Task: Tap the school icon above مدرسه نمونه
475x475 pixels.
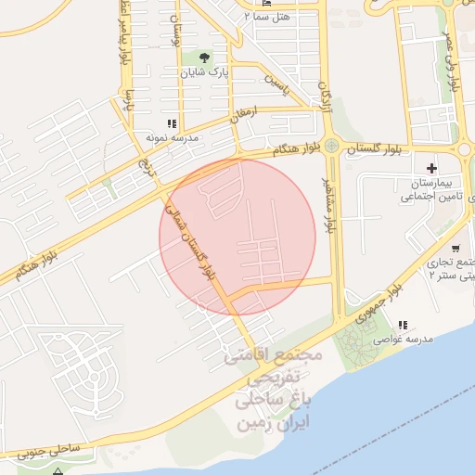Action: click(171, 123)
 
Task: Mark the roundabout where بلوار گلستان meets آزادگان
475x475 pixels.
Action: click(331, 145)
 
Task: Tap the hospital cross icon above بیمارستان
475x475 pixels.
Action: click(431, 167)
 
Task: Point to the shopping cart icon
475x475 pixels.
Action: click(457, 248)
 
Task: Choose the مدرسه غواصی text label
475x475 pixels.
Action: click(404, 340)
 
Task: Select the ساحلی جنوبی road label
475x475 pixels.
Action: click(57, 453)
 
